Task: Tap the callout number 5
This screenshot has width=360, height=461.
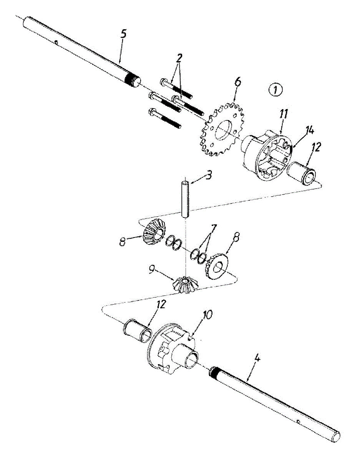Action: coord(123,34)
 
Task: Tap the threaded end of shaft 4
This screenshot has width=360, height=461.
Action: coord(217,373)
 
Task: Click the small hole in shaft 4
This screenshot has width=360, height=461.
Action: coord(299,422)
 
